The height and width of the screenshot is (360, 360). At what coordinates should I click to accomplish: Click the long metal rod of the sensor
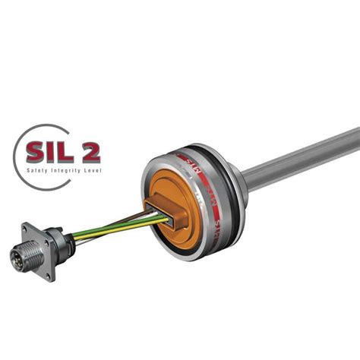(x=304, y=159)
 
